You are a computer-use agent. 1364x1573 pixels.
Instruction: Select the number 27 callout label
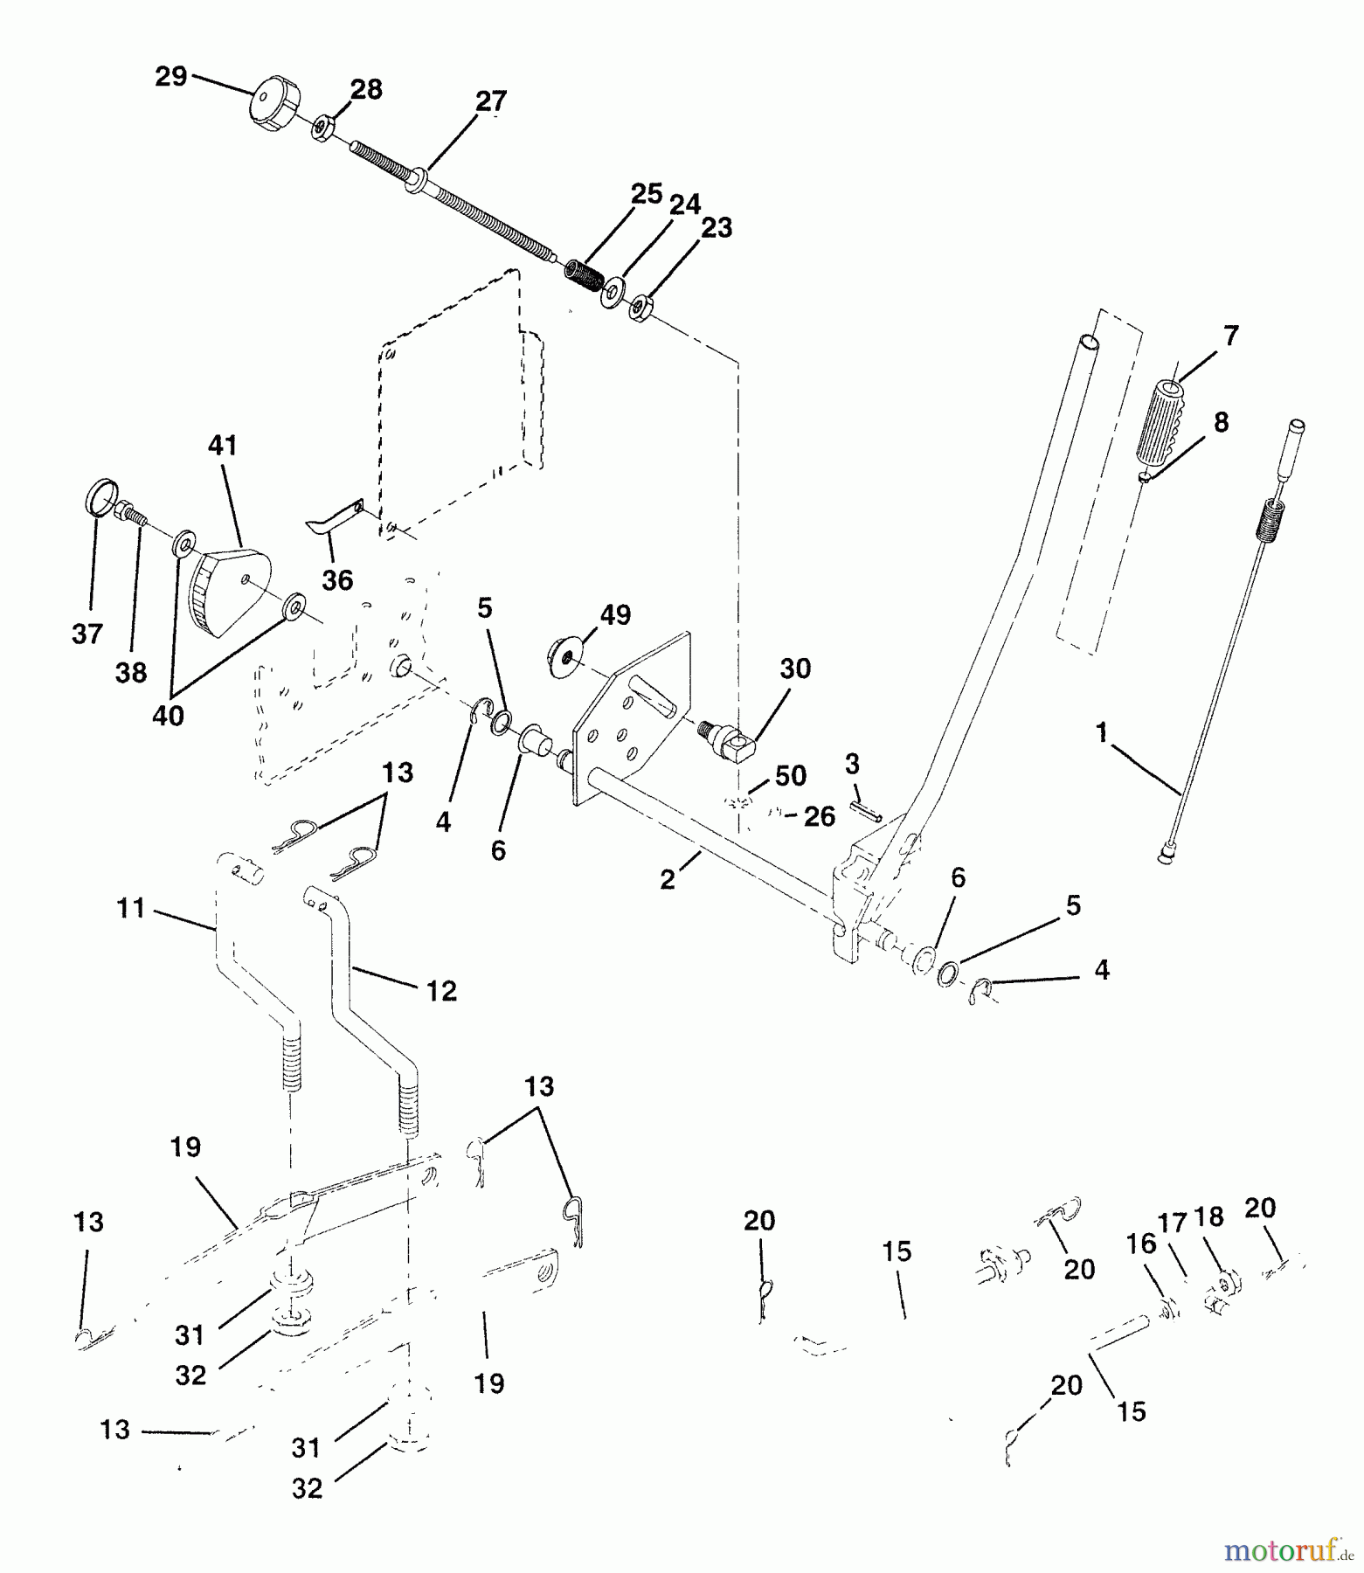pos(490,101)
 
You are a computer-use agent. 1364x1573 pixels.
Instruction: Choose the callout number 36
pos(337,579)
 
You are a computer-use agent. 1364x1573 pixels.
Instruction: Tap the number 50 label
pos(790,775)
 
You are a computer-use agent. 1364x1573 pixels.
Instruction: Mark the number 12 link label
pos(442,991)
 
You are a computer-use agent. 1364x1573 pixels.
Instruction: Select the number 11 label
pos(130,909)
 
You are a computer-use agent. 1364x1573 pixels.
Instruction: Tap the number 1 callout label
pos(1102,732)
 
